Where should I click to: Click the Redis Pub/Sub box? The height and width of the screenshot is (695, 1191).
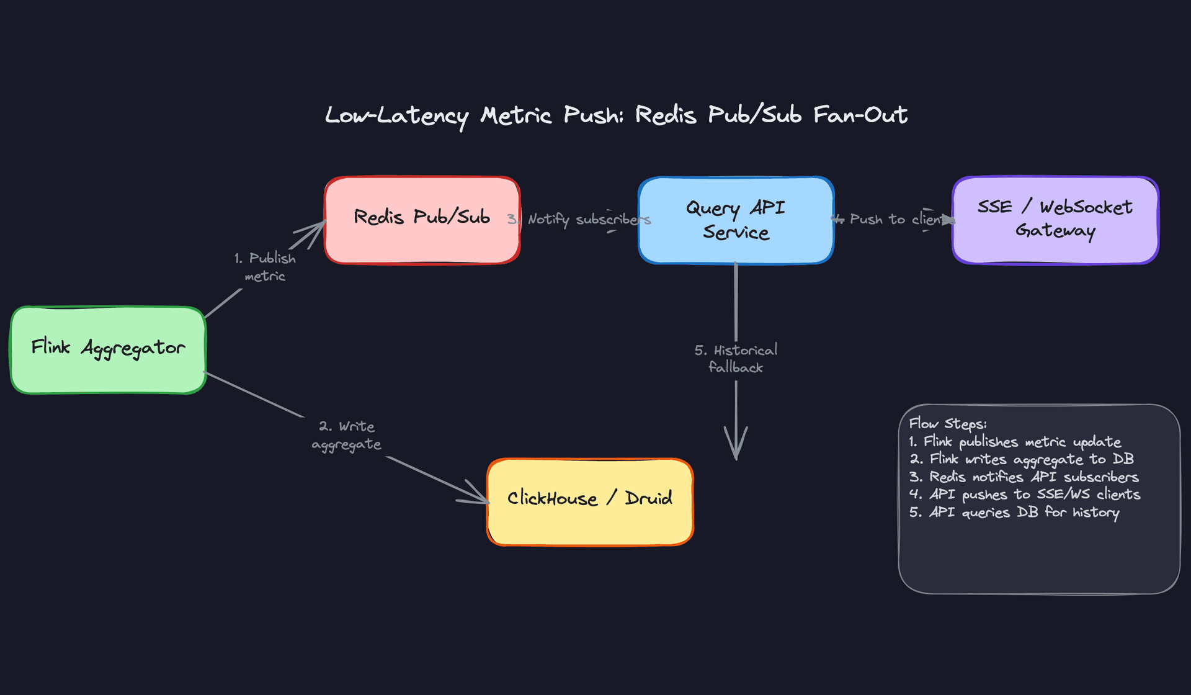(x=422, y=220)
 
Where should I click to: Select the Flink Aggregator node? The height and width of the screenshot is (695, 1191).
(x=108, y=350)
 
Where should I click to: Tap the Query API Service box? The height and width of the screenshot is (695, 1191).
(x=736, y=220)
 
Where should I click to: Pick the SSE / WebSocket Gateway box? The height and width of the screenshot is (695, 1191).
(x=1055, y=220)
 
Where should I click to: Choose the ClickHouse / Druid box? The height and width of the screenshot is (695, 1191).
(x=590, y=502)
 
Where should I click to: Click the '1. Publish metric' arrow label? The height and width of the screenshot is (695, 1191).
(x=265, y=267)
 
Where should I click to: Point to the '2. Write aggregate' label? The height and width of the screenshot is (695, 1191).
(x=346, y=435)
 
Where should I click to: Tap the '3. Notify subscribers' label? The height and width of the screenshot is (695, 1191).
(x=580, y=220)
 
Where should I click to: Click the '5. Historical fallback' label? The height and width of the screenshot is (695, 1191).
(x=736, y=359)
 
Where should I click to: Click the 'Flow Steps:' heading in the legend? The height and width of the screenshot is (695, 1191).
(x=947, y=424)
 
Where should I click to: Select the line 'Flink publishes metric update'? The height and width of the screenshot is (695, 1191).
(x=1015, y=442)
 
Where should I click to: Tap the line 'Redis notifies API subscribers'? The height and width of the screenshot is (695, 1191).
(x=1024, y=477)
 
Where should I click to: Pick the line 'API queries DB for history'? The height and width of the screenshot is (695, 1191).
(x=1014, y=513)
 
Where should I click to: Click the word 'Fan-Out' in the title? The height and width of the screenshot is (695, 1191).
(x=860, y=115)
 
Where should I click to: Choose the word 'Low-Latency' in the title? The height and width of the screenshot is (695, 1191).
(x=397, y=116)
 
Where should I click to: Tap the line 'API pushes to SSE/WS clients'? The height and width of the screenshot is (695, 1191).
(x=1025, y=495)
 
